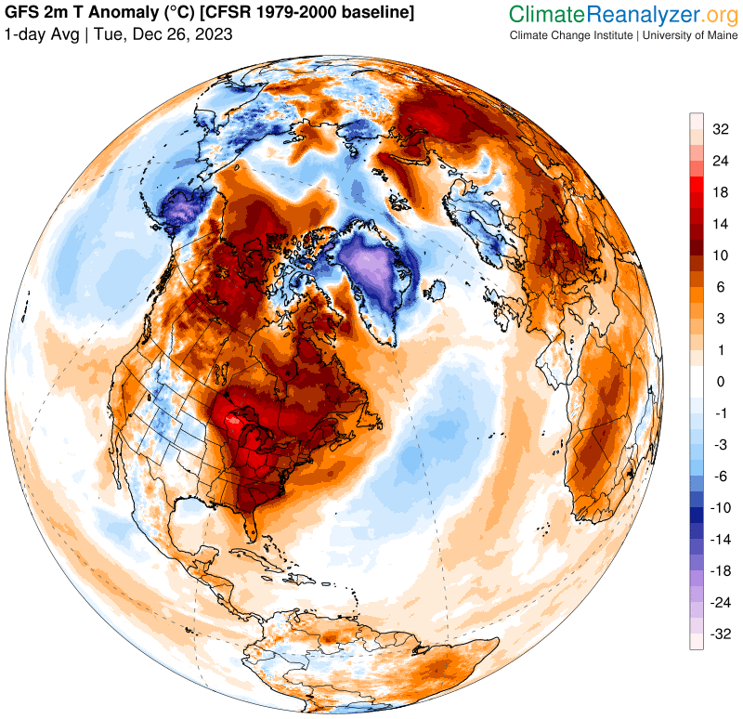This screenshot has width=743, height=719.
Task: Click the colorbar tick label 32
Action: pos(720,129)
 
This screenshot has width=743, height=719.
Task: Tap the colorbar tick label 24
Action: pos(720,161)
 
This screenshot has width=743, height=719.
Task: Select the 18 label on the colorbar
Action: pos(720,192)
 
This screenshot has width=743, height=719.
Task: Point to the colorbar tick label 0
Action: pos(720,381)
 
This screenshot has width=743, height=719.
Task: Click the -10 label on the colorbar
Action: pos(719,507)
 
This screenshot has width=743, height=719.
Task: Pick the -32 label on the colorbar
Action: pos(719,634)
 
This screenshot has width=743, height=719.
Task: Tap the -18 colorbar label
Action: pos(719,570)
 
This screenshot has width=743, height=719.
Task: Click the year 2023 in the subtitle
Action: pos(214,34)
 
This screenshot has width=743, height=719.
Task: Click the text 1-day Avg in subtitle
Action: pos(40,34)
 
